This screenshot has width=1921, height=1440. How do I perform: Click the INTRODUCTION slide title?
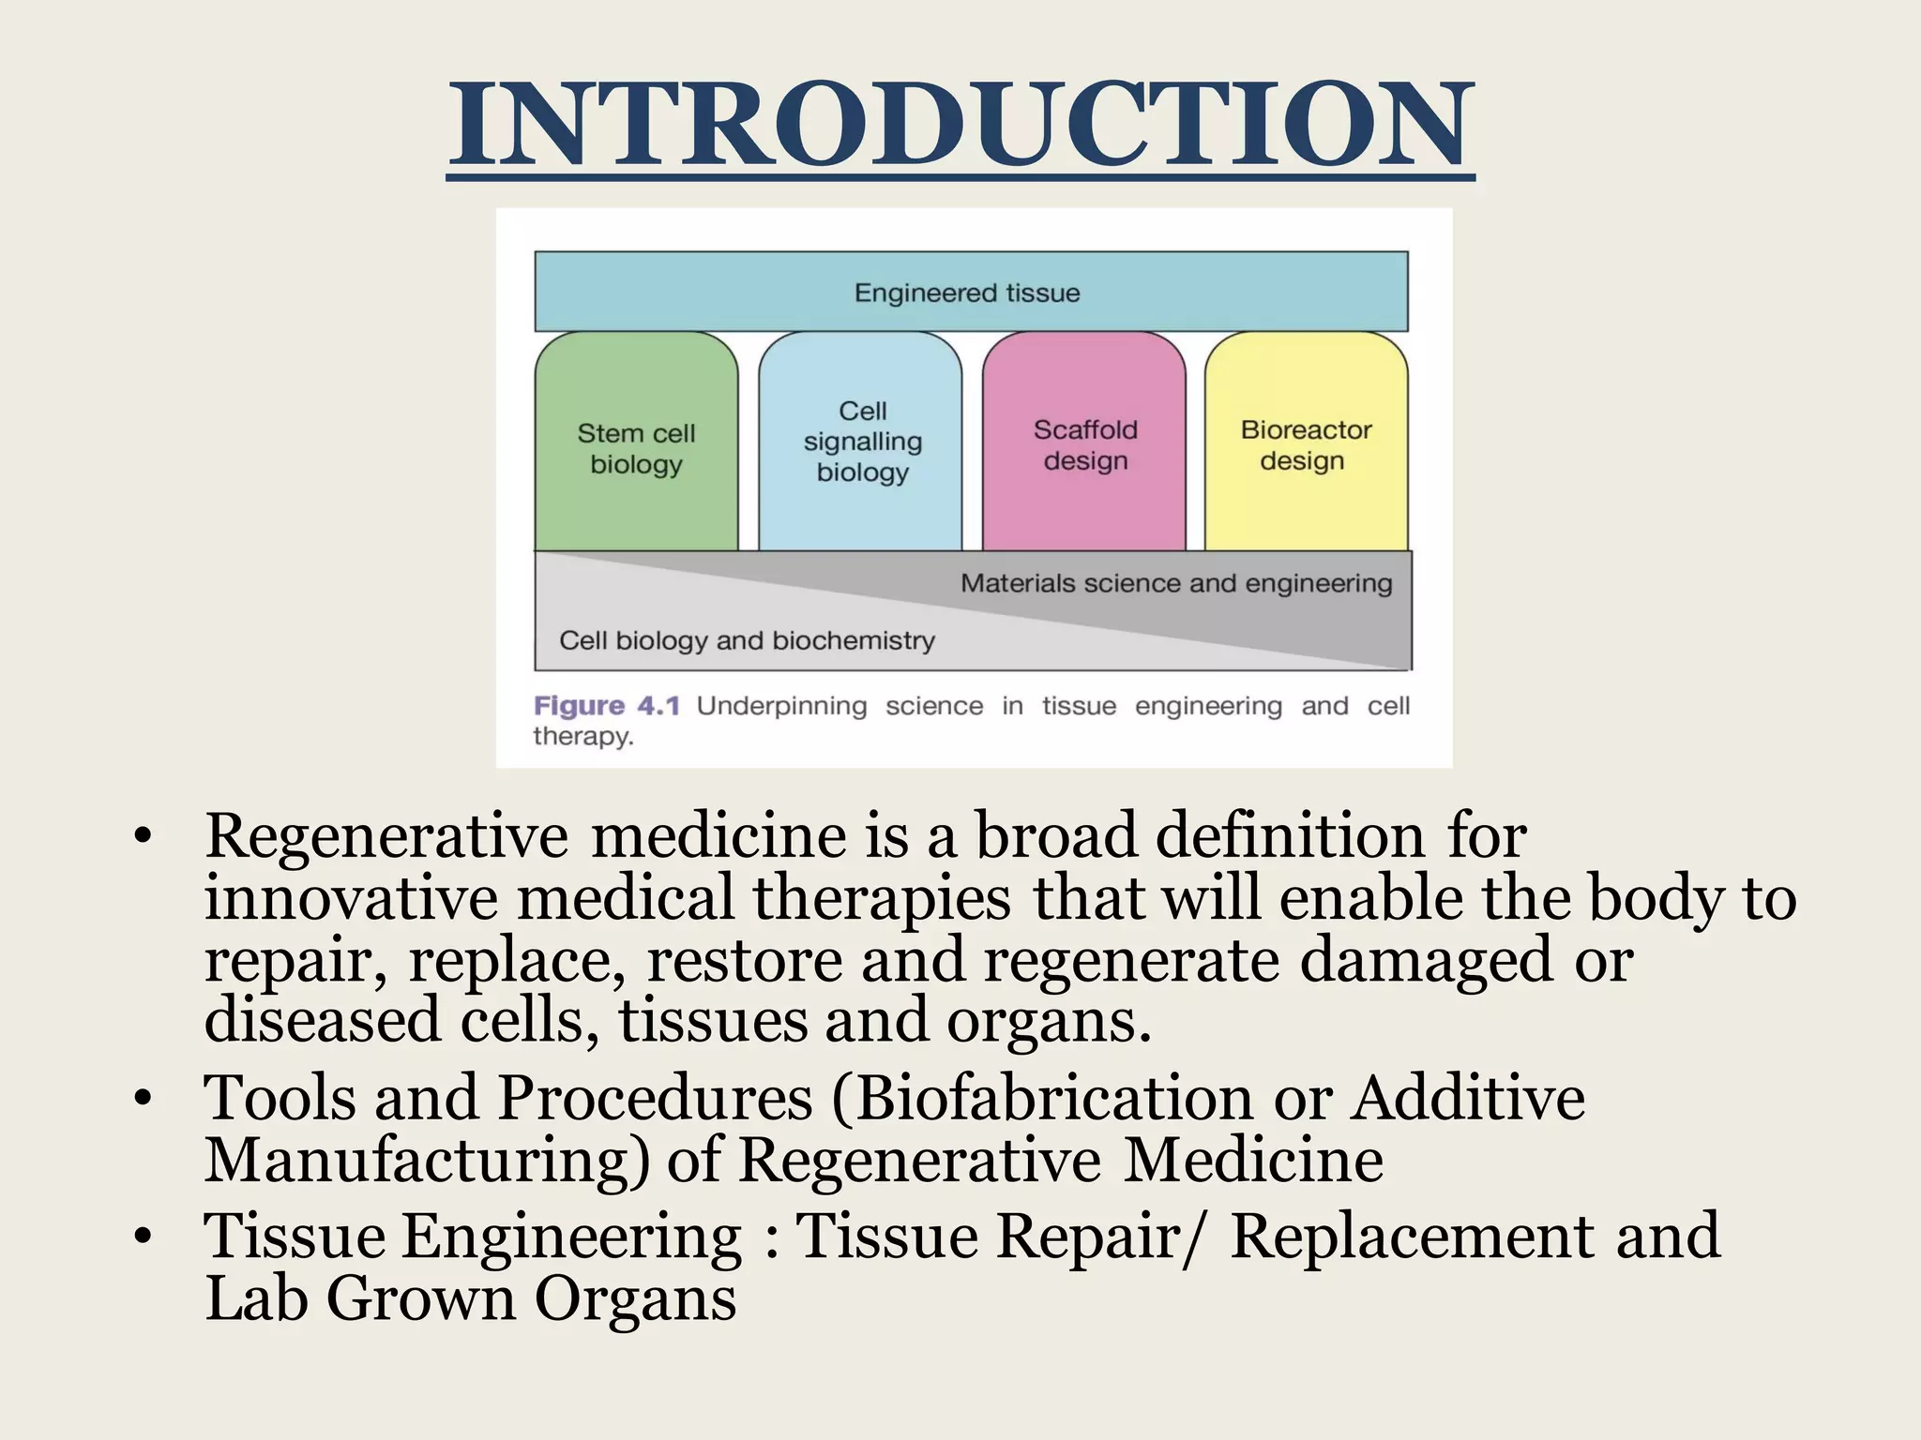pyautogui.click(x=960, y=127)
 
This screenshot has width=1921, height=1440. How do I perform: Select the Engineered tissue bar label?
pyautogui.click(x=967, y=293)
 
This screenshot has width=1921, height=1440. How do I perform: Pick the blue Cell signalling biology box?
pyautogui.click(x=862, y=442)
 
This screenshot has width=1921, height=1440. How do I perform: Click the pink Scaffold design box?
pyautogui.click(x=1085, y=445)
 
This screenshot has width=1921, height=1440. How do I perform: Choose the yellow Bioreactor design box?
pyautogui.click(x=1305, y=445)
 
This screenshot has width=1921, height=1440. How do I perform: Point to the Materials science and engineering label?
pyautogui.click(x=1176, y=584)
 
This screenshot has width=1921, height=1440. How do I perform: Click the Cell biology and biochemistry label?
pyautogui.click(x=747, y=640)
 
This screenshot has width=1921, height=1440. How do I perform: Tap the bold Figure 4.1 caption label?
pyautogui.click(x=606, y=706)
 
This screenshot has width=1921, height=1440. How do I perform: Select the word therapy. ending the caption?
pyautogui.click(x=583, y=737)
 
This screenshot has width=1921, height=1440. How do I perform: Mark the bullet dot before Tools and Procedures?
pyautogui.click(x=143, y=1098)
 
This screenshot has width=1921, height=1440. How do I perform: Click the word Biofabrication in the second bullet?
pyautogui.click(x=1052, y=1098)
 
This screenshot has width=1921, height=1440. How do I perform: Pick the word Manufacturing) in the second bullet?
pyautogui.click(x=427, y=1161)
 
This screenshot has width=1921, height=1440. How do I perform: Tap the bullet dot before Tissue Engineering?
pyautogui.click(x=143, y=1237)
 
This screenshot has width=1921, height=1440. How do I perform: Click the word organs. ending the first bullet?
pyautogui.click(x=1048, y=1021)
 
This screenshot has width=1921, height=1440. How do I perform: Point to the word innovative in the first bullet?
pyautogui.click(x=351, y=897)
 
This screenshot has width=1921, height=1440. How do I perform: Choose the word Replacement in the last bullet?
pyautogui.click(x=1412, y=1237)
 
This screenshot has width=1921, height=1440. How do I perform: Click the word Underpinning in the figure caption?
pyautogui.click(x=781, y=706)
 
